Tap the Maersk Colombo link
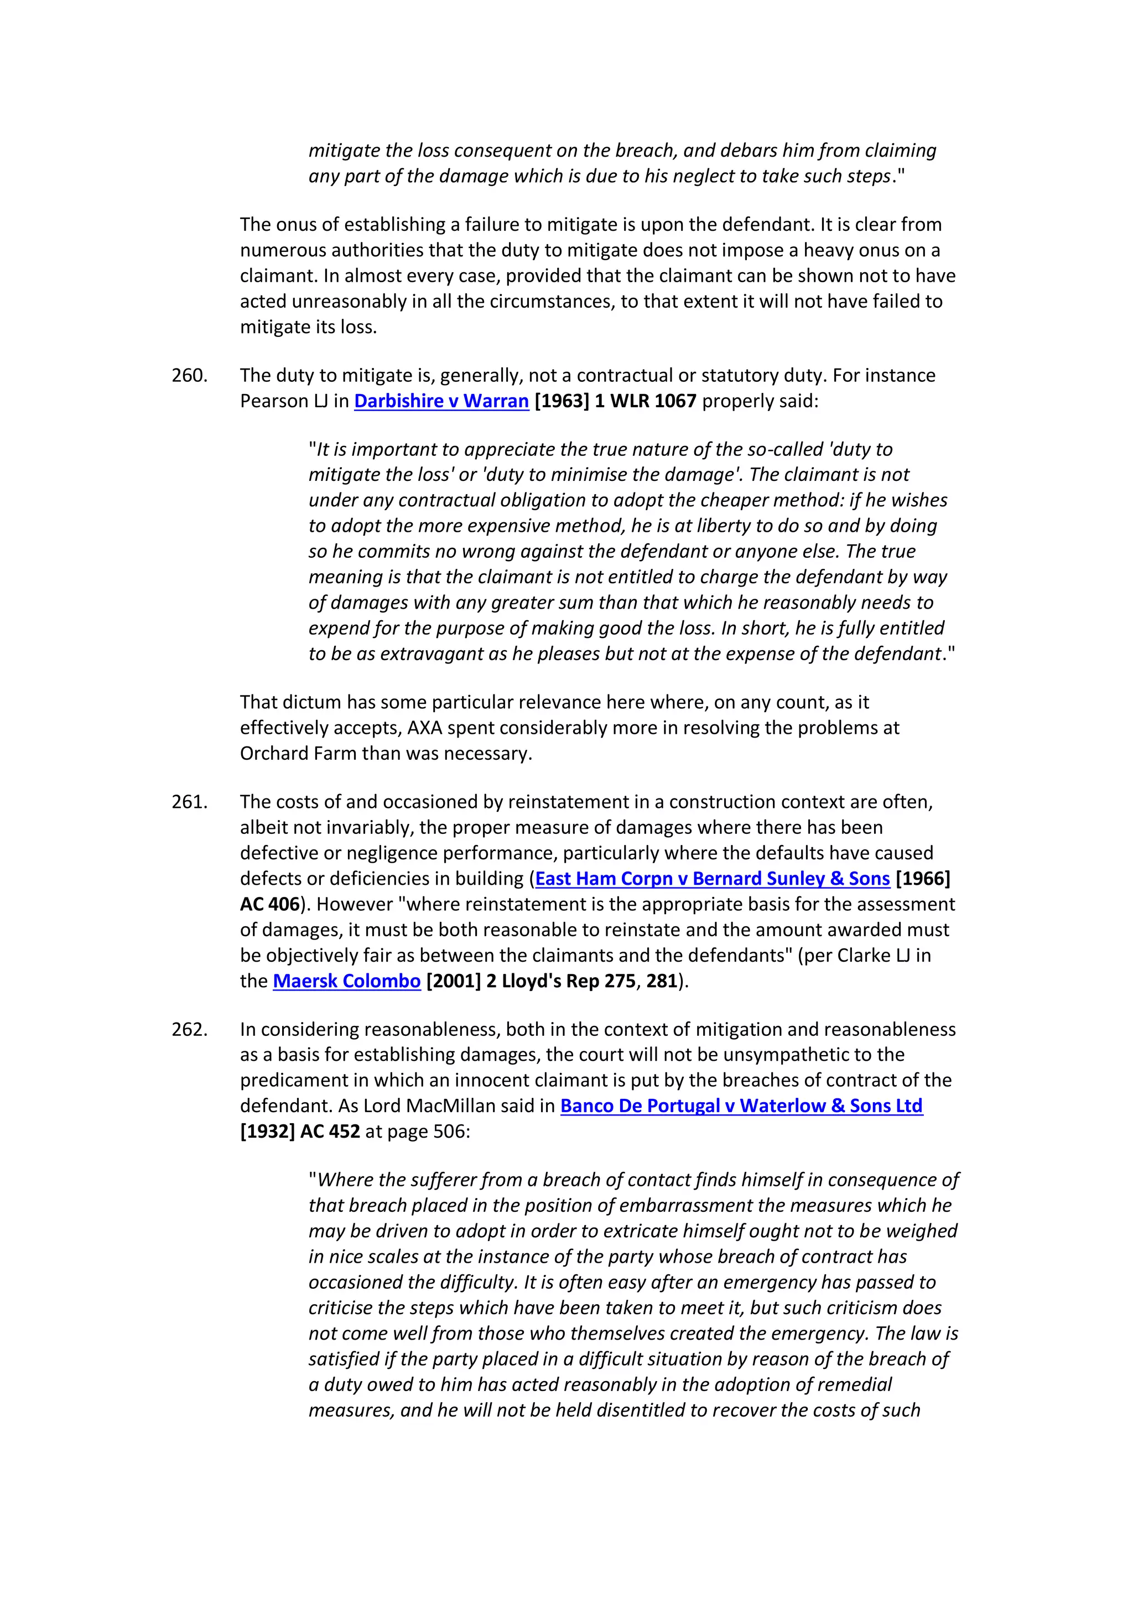click(x=346, y=981)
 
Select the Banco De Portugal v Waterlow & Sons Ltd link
click(x=741, y=1106)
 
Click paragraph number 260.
click(x=189, y=376)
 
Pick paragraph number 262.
click(x=189, y=1029)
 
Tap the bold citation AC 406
click(x=269, y=904)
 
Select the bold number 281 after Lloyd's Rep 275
click(x=661, y=981)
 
